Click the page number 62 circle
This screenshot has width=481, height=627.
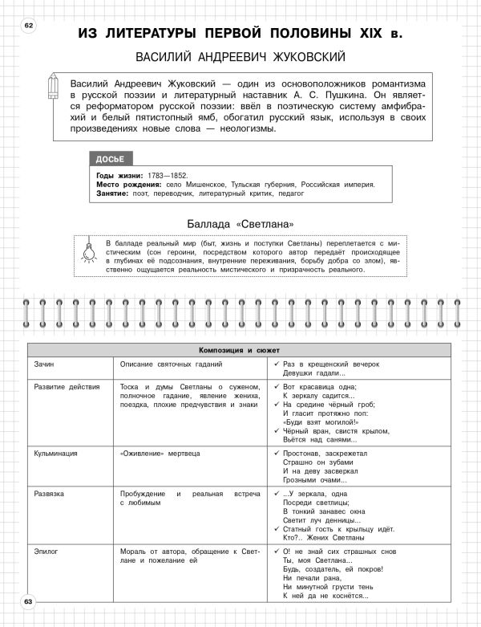tap(30, 26)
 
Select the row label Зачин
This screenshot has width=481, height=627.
tap(44, 364)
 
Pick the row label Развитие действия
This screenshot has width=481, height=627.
tap(67, 386)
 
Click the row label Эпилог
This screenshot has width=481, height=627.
tap(46, 552)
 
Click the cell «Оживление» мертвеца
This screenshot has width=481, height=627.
tap(161, 453)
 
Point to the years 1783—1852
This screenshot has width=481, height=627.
tap(167, 174)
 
